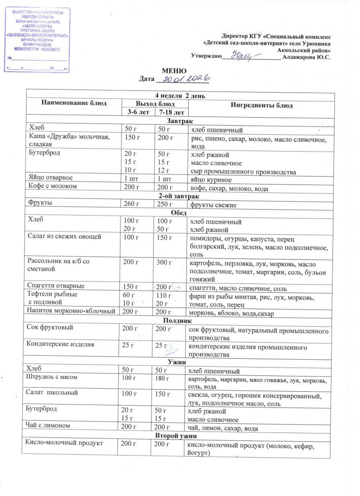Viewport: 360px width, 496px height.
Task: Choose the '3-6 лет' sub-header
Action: point(135,113)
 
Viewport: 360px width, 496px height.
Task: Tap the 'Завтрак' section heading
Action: point(180,121)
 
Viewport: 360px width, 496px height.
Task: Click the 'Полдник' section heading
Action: point(180,320)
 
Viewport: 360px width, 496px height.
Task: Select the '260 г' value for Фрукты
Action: point(130,204)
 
